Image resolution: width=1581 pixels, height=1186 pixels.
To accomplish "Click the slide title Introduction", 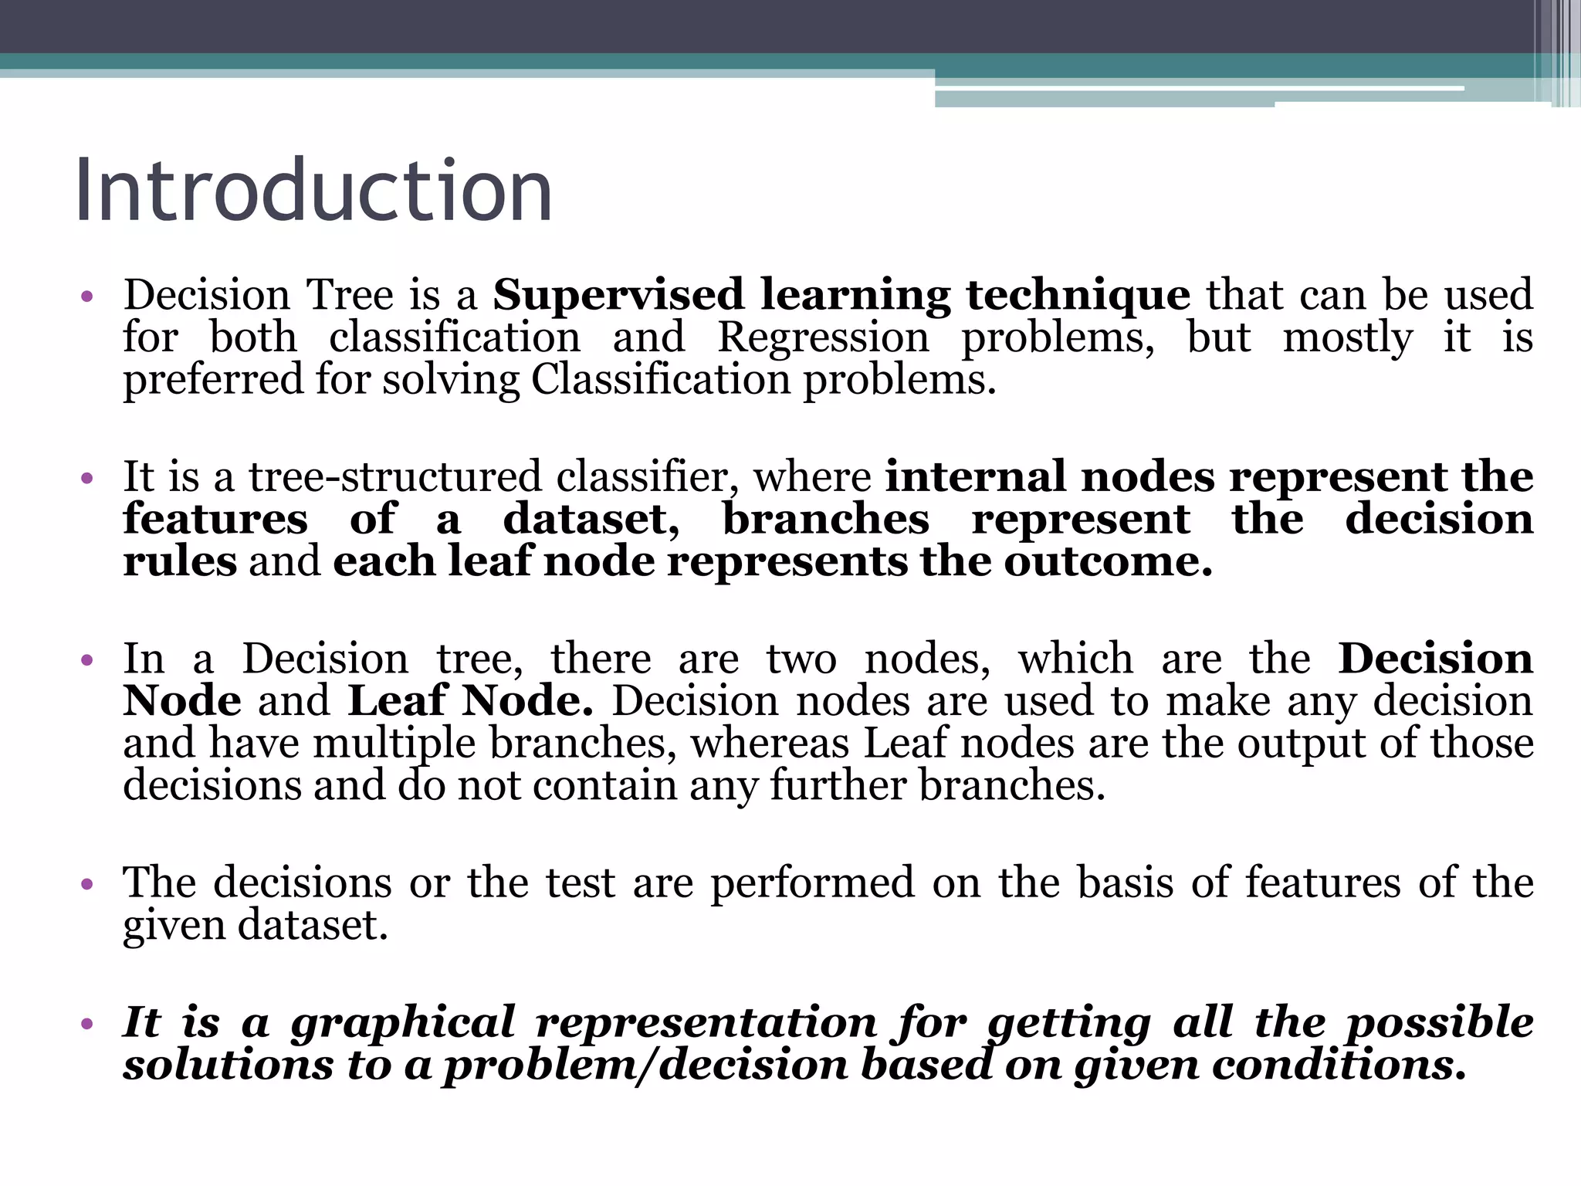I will click(x=313, y=191).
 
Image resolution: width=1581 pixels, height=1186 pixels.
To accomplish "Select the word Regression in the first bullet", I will click(x=823, y=337).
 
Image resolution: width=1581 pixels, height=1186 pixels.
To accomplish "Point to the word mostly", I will click(x=1347, y=337).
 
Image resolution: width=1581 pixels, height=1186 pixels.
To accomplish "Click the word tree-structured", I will click(x=394, y=476).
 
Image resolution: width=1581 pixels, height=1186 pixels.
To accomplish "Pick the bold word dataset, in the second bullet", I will click(x=591, y=519).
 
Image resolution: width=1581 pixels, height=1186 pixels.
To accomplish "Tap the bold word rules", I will click(x=180, y=561).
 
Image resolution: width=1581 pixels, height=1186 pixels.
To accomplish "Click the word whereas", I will click(x=769, y=744).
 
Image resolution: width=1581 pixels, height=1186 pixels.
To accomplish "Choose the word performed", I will click(x=812, y=883).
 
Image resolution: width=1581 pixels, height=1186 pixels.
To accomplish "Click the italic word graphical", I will click(x=402, y=1023).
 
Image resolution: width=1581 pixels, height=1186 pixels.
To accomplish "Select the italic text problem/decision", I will click(x=644, y=1066).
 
